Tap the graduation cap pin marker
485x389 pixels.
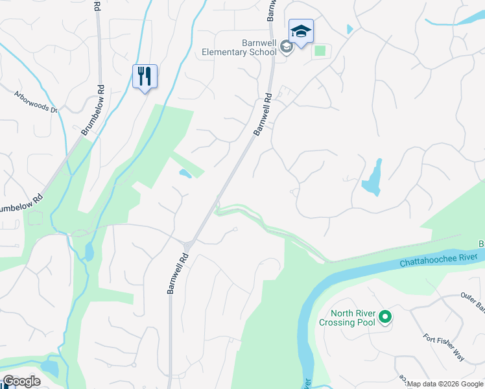pos(300,32)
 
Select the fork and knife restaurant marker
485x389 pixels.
pos(145,77)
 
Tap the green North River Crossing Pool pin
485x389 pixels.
pos(385,317)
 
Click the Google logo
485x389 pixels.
pos(21,382)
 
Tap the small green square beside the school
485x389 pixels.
pos(319,50)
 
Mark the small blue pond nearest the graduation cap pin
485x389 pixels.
pos(350,29)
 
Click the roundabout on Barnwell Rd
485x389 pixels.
pos(188,244)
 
